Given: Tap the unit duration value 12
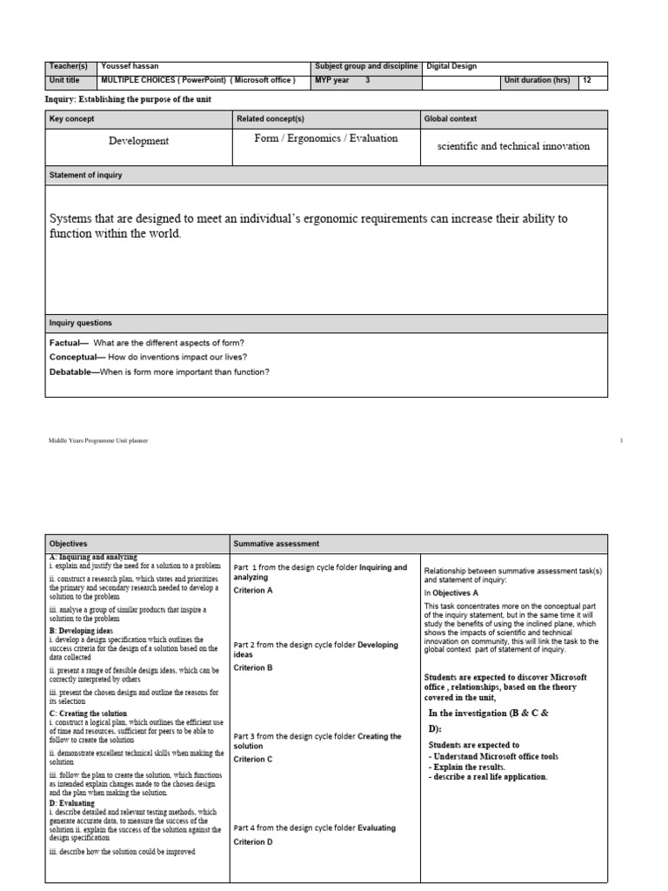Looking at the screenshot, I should pyautogui.click(x=588, y=81).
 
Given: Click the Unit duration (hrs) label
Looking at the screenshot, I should pyautogui.click(x=538, y=81).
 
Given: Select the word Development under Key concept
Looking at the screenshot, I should pyautogui.click(x=138, y=140).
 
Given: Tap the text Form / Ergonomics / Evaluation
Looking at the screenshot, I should pyautogui.click(x=326, y=138).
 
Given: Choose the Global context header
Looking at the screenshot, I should pyautogui.click(x=452, y=118).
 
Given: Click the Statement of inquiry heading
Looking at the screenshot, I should pyautogui.click(x=86, y=175).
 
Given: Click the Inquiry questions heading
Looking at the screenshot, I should pyautogui.click(x=81, y=323).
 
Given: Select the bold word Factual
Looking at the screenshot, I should pyautogui.click(x=68, y=343).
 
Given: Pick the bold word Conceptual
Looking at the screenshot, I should pyautogui.click(x=76, y=358).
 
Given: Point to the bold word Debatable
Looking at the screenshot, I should pyautogui.click(x=74, y=372).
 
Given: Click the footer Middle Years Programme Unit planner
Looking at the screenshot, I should pyautogui.click(x=98, y=441).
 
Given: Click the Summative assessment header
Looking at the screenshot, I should pyautogui.click(x=277, y=543).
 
